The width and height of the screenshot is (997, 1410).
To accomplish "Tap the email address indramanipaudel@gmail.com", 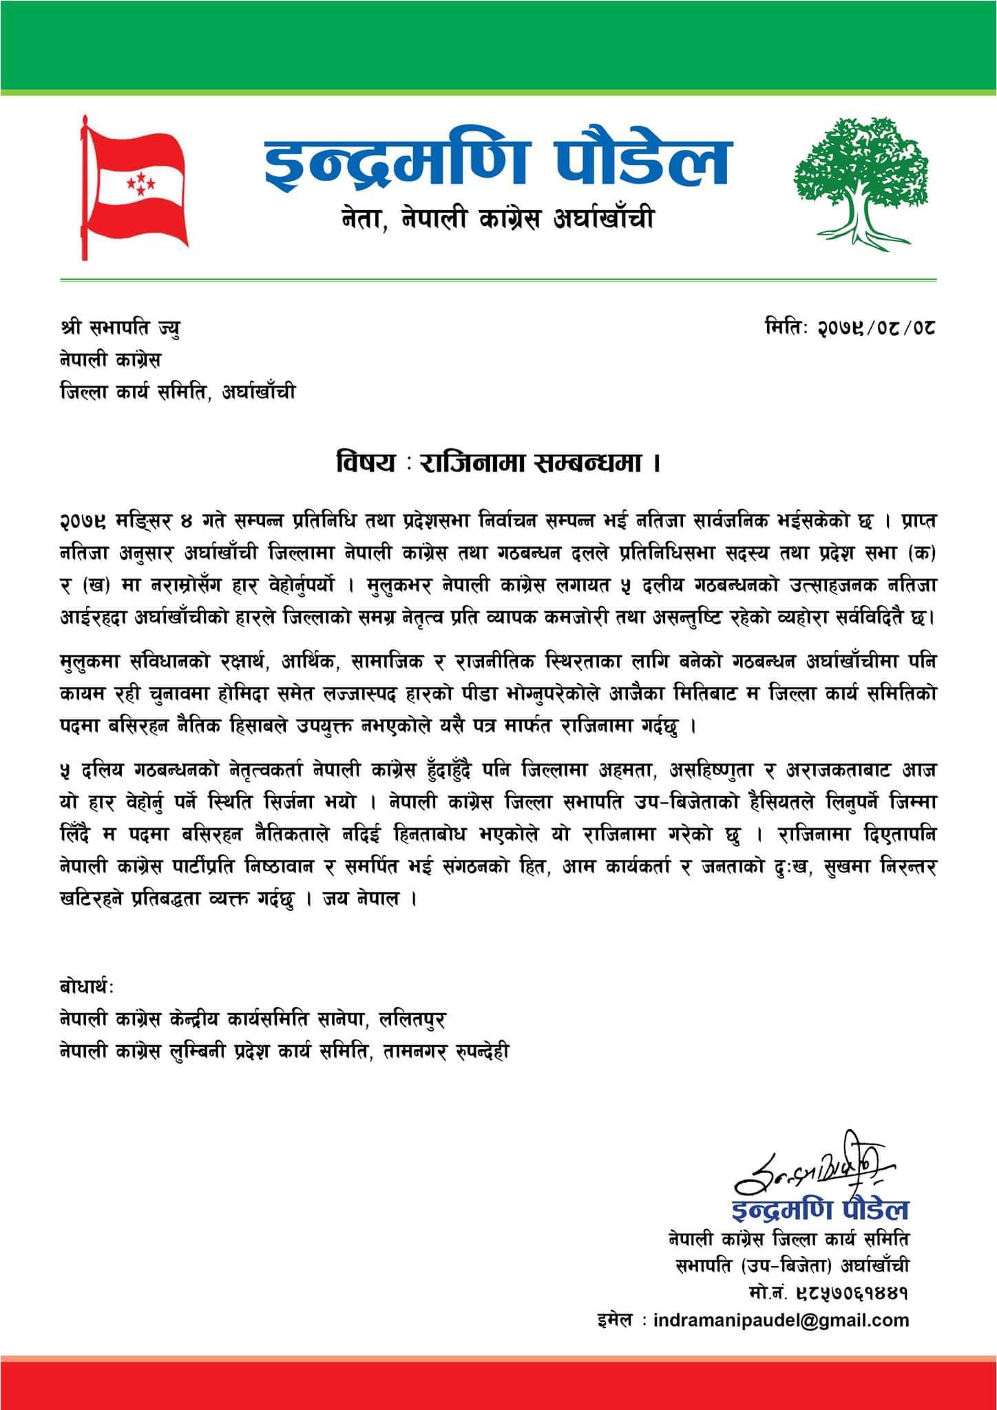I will point(781,1320).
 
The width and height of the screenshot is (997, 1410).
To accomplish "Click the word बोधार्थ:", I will point(87,987).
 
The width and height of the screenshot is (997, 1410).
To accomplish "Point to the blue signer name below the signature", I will point(820,1209).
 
